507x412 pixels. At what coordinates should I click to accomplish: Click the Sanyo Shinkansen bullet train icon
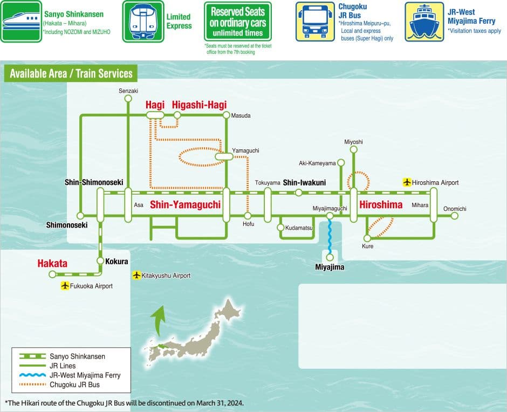tap(21, 22)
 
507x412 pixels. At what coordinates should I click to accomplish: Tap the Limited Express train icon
tap(143, 22)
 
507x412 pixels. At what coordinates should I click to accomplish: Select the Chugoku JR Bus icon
tap(314, 22)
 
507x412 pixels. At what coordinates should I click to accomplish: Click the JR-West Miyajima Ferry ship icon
tap(424, 22)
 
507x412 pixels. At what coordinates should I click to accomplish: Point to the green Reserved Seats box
tap(238, 22)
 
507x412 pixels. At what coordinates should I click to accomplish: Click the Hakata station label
tap(52, 264)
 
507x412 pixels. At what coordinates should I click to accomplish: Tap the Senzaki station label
tap(128, 91)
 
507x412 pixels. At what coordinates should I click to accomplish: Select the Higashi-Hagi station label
tap(199, 105)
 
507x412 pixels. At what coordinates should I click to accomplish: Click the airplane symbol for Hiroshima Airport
tap(407, 182)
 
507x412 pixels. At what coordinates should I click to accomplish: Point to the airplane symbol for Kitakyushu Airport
tap(136, 276)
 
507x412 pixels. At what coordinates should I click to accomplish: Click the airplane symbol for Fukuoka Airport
tap(65, 286)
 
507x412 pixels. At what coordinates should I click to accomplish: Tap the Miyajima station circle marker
tap(330, 257)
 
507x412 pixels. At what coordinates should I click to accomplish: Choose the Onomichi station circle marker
tap(455, 216)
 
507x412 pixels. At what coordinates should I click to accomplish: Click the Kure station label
tap(367, 246)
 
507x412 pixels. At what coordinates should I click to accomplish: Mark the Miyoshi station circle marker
tap(353, 149)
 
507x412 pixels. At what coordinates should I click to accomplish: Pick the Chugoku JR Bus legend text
tap(74, 384)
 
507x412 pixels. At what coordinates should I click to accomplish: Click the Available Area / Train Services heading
tap(71, 74)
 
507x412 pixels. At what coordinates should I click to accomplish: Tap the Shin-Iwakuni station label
tap(304, 182)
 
